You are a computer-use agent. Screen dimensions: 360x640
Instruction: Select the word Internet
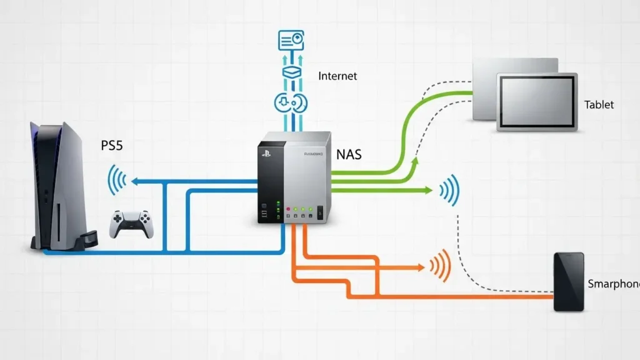(337, 76)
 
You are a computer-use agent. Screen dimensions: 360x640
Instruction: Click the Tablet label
(599, 105)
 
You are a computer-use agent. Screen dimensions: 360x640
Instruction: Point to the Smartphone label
(613, 284)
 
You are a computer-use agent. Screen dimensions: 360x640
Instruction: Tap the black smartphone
(569, 281)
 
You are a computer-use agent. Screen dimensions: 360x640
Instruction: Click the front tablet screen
(536, 101)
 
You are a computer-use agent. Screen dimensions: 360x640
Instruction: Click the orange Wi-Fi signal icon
(441, 266)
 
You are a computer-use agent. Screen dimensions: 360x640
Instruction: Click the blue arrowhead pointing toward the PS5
(134, 181)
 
